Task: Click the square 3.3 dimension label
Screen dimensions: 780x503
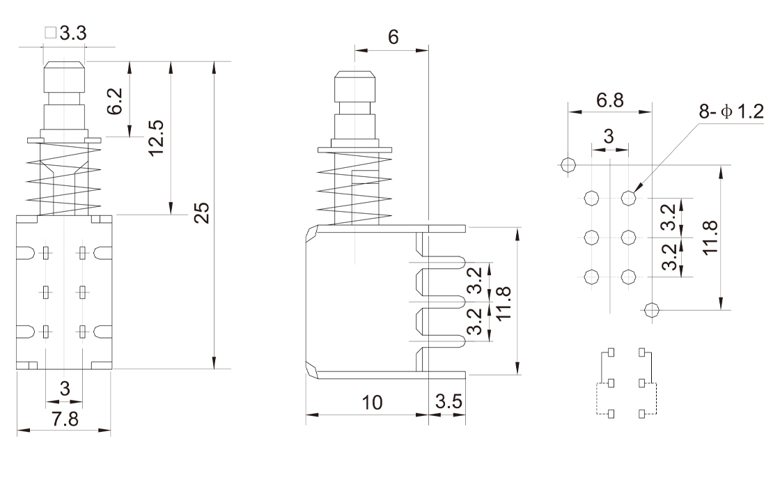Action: click(x=65, y=33)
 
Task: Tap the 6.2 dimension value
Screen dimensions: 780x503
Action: click(x=115, y=101)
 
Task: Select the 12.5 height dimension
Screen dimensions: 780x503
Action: click(x=156, y=138)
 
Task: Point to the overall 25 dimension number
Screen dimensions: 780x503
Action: click(x=201, y=213)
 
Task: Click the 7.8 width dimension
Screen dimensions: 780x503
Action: click(x=65, y=419)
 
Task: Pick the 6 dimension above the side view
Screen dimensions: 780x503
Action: click(x=393, y=38)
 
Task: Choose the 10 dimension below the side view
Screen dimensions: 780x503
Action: click(x=372, y=403)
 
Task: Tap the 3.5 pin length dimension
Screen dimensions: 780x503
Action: click(x=448, y=401)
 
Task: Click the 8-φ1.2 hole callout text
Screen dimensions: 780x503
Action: click(x=731, y=111)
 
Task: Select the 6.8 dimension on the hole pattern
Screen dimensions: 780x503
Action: click(x=610, y=100)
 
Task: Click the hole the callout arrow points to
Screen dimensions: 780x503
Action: click(x=629, y=198)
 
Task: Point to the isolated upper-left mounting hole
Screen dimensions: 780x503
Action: click(x=568, y=164)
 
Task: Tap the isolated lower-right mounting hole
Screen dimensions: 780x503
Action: click(x=652, y=310)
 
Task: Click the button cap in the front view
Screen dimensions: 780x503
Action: click(x=65, y=77)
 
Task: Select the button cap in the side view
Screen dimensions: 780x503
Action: click(x=354, y=87)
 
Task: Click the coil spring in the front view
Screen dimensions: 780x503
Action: click(x=63, y=179)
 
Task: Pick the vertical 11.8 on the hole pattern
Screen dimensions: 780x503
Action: click(x=711, y=238)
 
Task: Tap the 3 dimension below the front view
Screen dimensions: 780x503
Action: click(x=65, y=389)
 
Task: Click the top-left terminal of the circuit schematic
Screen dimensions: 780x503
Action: click(x=611, y=353)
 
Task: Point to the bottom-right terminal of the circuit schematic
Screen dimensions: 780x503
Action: click(x=642, y=414)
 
